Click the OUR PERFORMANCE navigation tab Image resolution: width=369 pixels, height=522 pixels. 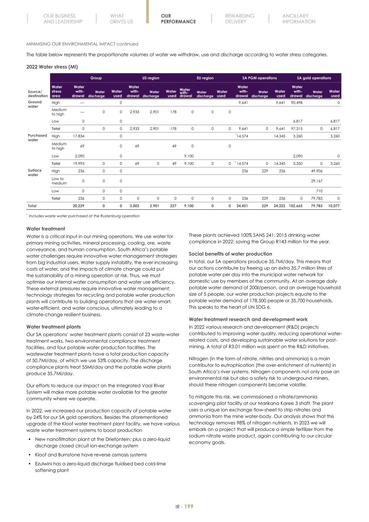[178, 19]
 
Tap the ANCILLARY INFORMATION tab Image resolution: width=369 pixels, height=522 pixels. [299, 19]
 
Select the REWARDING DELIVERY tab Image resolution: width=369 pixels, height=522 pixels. [239, 19]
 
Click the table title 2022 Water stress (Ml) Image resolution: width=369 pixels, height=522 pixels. [52, 67]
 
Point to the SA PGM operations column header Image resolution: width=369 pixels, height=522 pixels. [259, 78]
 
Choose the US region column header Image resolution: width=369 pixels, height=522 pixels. [151, 78]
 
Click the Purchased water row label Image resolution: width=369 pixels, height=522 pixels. [37, 138]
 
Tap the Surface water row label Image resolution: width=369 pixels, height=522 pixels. [34, 172]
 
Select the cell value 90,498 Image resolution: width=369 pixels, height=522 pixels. [296, 102]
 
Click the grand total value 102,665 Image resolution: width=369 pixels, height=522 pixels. [296, 206]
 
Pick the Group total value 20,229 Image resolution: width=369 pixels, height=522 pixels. [78, 206]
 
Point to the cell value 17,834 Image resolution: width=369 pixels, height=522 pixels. [78, 136]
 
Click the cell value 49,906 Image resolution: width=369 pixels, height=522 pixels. [316, 171]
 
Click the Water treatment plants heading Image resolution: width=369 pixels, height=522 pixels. [53, 327]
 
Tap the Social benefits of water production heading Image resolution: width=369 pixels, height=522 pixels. [230, 254]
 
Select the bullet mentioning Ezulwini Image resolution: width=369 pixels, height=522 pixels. [100, 467]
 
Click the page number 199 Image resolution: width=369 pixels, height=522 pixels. [189, 507]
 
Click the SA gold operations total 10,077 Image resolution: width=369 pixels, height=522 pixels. [334, 206]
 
